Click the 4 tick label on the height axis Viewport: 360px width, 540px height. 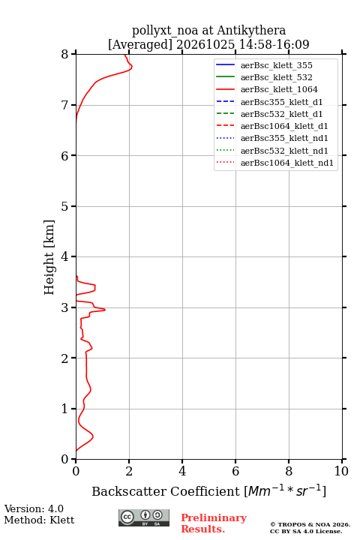64,257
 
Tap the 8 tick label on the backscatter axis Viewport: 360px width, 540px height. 289,471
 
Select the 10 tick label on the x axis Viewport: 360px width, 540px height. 341,471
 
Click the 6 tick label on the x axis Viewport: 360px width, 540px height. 235,471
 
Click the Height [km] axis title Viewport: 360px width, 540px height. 49,257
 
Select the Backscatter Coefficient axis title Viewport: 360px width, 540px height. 208,491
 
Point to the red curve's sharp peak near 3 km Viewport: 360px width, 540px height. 105,310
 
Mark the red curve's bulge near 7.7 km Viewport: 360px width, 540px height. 131,67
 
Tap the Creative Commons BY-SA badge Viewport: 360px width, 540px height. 144,518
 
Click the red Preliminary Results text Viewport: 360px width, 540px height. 214,523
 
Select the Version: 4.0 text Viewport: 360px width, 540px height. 34,509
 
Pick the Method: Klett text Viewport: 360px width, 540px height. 39,520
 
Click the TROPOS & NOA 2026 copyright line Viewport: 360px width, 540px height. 310,524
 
